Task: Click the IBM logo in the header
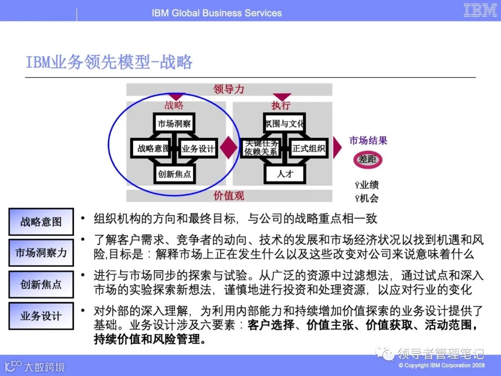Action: pyautogui.click(x=480, y=10)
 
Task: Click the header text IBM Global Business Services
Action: pyautogui.click(x=217, y=13)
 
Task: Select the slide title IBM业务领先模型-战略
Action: pyautogui.click(x=109, y=62)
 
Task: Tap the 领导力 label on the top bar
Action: pyautogui.click(x=229, y=89)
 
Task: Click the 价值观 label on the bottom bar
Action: pyautogui.click(x=229, y=195)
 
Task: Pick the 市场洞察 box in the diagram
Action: pyautogui.click(x=174, y=123)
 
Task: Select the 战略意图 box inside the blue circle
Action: pyautogui.click(x=152, y=149)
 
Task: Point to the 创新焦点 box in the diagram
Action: pyautogui.click(x=174, y=174)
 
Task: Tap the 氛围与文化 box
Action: pyautogui.click(x=284, y=123)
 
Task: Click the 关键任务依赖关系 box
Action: pyautogui.click(x=261, y=148)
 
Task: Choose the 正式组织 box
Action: pyautogui.click(x=308, y=149)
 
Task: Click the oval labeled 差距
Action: pyautogui.click(x=368, y=159)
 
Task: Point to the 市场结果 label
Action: pyautogui.click(x=368, y=140)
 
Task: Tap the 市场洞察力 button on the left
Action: pyautogui.click(x=41, y=253)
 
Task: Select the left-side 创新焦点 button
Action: pyautogui.click(x=41, y=284)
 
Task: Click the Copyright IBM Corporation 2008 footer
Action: pyautogui.click(x=441, y=365)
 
